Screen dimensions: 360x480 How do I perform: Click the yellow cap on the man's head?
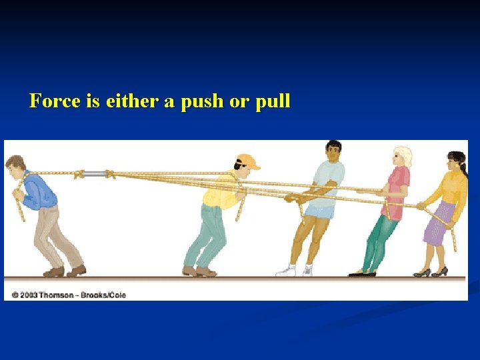click(247, 161)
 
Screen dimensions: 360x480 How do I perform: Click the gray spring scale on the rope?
click(95, 174)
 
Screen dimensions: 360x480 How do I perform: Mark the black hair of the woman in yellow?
click(457, 159)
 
